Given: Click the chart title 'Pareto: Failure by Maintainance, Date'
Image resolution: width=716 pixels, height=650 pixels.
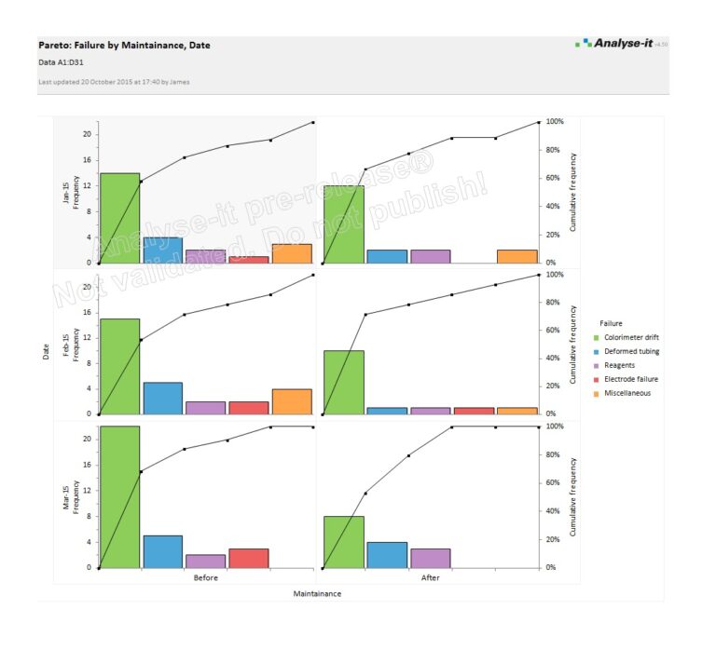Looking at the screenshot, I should pos(124,45).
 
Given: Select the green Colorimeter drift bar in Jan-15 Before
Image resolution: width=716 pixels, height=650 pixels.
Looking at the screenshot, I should pos(119,218).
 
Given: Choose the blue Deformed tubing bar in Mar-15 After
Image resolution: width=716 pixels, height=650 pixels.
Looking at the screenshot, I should pos(387,555).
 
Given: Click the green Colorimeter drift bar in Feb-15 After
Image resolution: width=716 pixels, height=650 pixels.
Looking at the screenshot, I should pos(344,382).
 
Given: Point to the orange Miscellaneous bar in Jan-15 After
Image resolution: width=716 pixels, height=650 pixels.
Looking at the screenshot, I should pos(516,256).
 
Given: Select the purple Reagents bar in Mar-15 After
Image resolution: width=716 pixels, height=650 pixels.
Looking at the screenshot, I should pos(430,558).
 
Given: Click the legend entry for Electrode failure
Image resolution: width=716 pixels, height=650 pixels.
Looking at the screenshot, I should pos(630,379).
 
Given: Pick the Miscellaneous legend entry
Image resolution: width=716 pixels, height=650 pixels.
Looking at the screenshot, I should pos(627,393).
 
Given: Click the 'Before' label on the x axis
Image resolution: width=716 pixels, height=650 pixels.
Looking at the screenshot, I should pos(206,577).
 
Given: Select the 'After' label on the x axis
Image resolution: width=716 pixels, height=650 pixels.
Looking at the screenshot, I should pos(430,577).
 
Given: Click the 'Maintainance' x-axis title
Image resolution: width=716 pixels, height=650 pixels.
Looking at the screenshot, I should pos(317,593).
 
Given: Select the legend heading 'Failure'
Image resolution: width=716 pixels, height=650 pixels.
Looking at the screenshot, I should pos(612,323).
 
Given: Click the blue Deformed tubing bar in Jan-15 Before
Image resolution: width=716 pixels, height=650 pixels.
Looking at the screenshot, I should pos(162,250).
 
